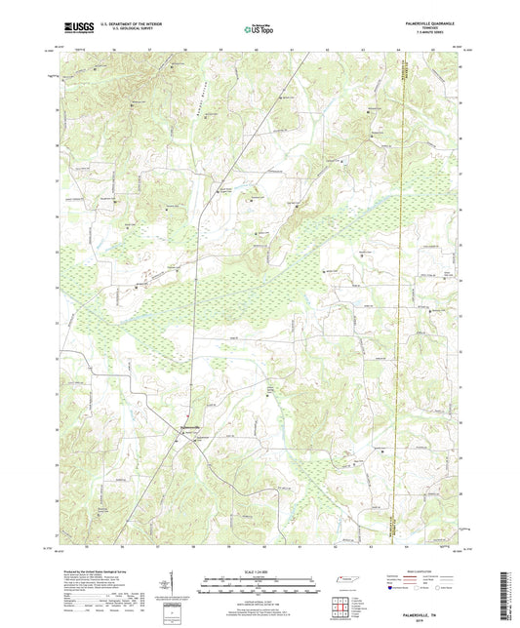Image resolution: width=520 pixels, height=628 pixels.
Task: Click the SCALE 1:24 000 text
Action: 259,571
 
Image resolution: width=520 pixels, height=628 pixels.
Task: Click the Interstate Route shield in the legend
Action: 390,588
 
